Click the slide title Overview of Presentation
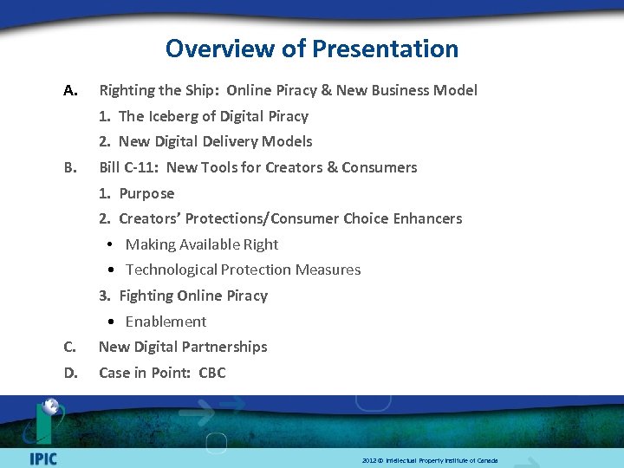point(312,49)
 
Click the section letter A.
point(71,90)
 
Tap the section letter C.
point(70,347)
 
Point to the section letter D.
point(71,373)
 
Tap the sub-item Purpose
point(146,193)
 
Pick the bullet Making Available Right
point(202,244)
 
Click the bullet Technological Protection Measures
point(243,270)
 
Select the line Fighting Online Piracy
point(193,296)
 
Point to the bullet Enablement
point(166,322)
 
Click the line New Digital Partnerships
point(183,347)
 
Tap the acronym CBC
point(211,373)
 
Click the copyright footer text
point(430,460)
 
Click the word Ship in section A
point(198,90)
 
